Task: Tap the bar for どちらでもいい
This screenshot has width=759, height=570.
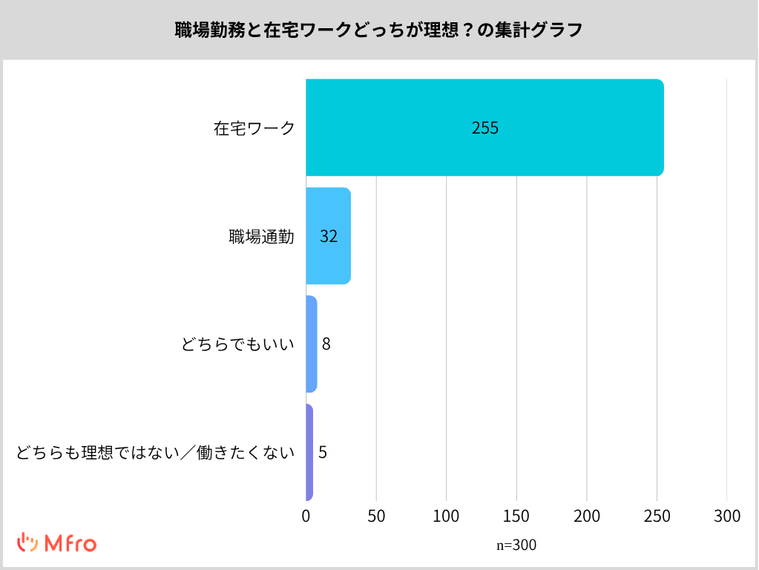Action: [x=311, y=344]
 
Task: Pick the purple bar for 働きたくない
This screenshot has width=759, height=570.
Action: [x=309, y=452]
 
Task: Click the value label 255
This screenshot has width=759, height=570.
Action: [x=485, y=128]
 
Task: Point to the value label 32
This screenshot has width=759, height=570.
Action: [x=329, y=236]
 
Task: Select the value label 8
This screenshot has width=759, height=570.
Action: [x=326, y=344]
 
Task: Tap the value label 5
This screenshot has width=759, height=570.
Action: [x=323, y=452]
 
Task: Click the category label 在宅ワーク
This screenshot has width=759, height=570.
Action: [x=254, y=128]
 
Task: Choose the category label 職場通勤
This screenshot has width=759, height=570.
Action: [x=261, y=236]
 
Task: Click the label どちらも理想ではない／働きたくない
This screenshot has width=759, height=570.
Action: [x=156, y=452]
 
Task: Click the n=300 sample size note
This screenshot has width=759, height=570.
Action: [x=516, y=546]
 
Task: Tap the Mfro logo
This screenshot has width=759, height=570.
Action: [x=57, y=543]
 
